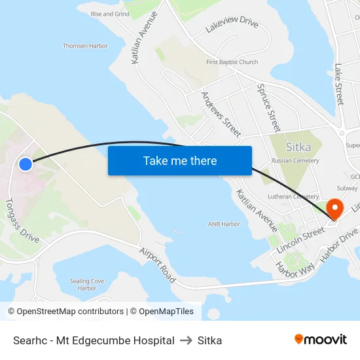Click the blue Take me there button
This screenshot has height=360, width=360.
[179, 160]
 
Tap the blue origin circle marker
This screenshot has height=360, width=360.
[25, 164]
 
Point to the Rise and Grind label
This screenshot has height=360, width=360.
[110, 13]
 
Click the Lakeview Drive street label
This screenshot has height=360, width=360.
[232, 25]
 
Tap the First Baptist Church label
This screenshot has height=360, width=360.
[232, 62]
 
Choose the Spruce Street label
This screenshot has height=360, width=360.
[268, 108]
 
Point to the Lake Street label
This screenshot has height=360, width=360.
[338, 84]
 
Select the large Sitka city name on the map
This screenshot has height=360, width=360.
[298, 147]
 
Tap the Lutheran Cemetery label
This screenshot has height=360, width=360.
[293, 196]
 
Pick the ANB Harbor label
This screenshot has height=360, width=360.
[224, 224]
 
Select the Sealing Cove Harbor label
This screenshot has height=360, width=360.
[87, 284]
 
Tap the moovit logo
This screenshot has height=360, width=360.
[321, 340]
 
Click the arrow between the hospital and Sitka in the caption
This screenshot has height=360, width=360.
[186, 340]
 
